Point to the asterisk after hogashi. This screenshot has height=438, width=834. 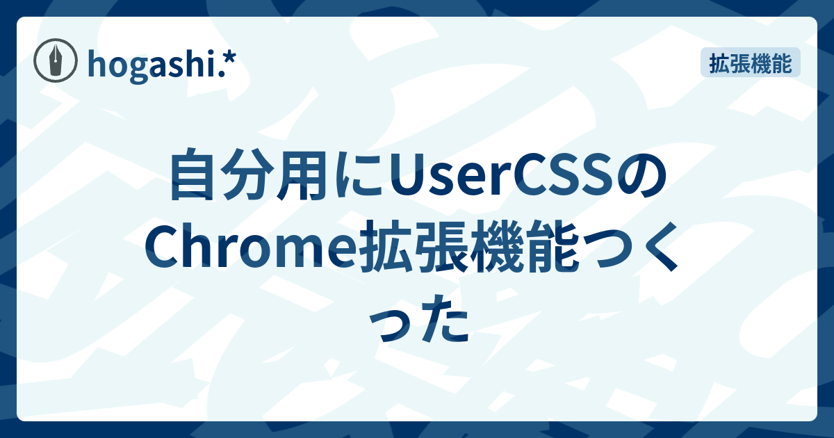point(228,60)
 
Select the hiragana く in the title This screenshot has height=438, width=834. point(651,255)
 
